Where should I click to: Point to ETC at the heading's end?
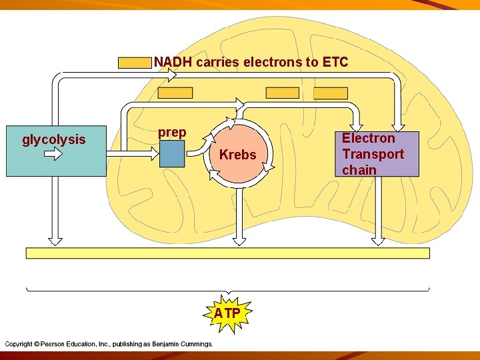(335, 63)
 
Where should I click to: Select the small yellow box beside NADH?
(135, 63)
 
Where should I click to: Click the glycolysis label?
(54, 140)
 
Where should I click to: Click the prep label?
(172, 133)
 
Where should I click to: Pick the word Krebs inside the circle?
(237, 155)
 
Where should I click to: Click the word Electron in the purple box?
(369, 139)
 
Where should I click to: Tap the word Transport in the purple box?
(373, 154)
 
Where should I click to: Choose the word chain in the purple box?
(359, 170)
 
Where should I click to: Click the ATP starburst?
(227, 313)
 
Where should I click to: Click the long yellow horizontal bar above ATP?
(227, 253)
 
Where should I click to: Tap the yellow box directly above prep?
(175, 93)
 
